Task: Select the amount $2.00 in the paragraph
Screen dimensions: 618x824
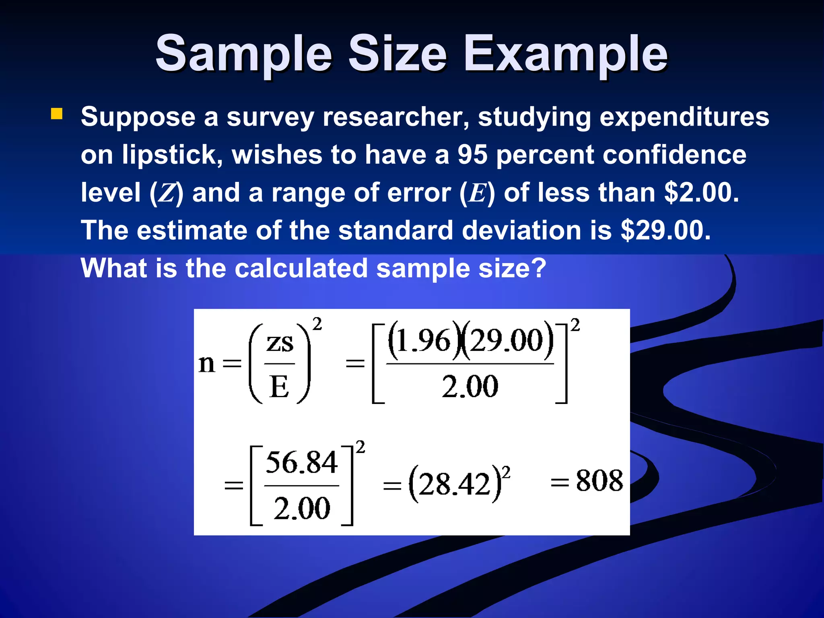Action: click(x=701, y=193)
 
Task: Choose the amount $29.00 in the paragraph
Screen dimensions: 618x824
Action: click(x=665, y=230)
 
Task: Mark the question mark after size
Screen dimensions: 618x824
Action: click(x=539, y=268)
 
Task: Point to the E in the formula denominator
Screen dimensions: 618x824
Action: click(x=280, y=387)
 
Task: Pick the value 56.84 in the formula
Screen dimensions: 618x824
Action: click(x=301, y=462)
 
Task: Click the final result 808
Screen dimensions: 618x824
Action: click(x=599, y=480)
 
